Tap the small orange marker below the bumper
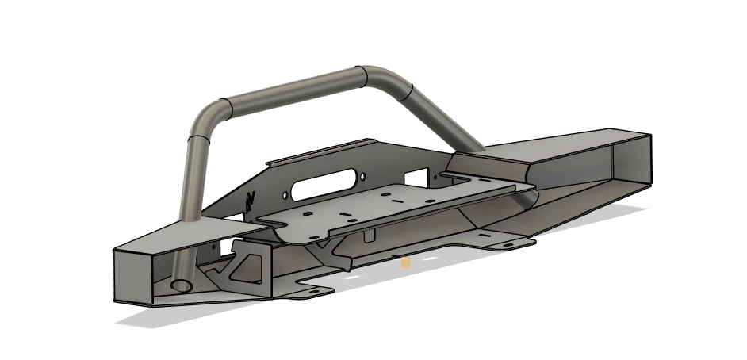[405, 262]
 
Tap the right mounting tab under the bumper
[508, 244]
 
